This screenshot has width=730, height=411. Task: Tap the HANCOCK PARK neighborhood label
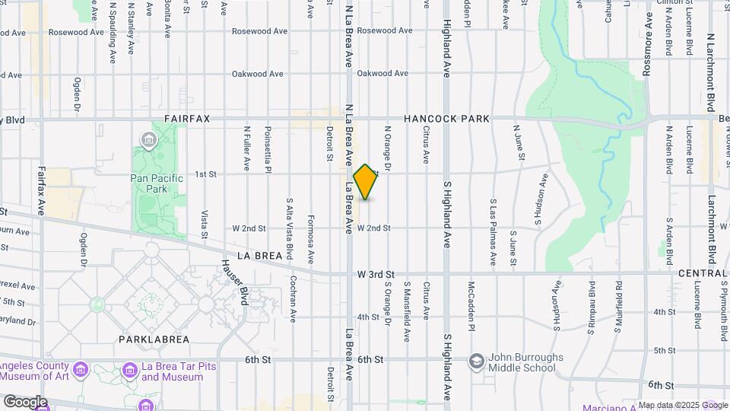coord(446,119)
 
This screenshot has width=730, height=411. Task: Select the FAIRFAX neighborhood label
coord(187,119)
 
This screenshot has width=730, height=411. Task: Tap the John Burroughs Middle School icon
coord(477,360)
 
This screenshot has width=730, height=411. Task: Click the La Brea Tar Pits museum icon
coord(126,371)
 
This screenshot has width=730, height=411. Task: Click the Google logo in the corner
coord(25,401)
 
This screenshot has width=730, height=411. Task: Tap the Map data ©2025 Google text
coord(682,405)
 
